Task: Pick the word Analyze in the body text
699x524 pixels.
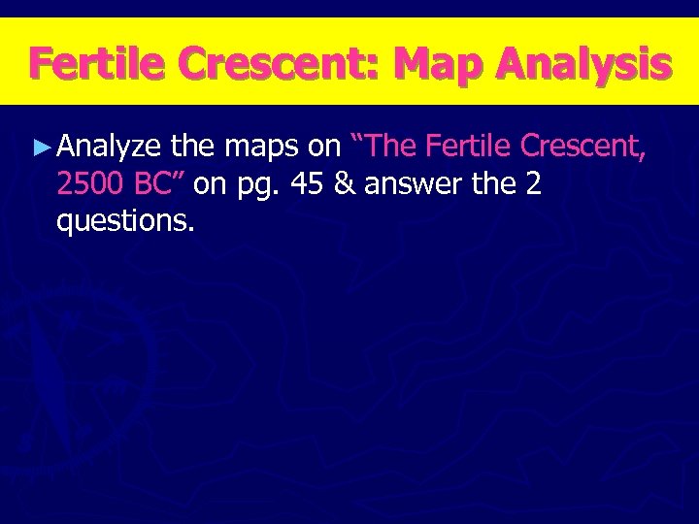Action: [x=110, y=147]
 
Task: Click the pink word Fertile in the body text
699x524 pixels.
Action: [x=469, y=147]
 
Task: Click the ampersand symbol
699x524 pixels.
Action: [x=344, y=184]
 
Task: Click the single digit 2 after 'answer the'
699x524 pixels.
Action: [x=532, y=184]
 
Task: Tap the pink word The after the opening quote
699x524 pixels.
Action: [x=391, y=147]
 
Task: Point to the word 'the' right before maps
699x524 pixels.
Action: [x=193, y=147]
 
